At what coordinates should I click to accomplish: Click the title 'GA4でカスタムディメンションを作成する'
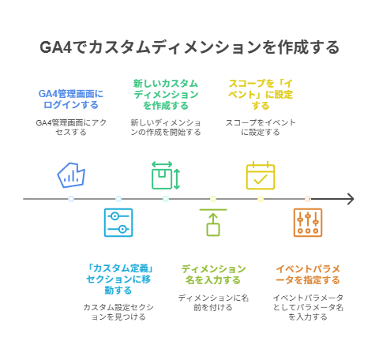[x=189, y=47]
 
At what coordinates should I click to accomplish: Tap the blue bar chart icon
[x=71, y=175]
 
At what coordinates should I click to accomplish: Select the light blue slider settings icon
[x=118, y=223]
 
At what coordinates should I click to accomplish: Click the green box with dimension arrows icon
[x=166, y=175]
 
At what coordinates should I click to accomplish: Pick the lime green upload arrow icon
[x=213, y=223]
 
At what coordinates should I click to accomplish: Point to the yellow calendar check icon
[x=261, y=175]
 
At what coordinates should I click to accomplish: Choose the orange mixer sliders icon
[x=308, y=223]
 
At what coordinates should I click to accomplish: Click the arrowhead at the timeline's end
[x=351, y=199]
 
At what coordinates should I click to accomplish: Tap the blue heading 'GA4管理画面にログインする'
[x=71, y=99]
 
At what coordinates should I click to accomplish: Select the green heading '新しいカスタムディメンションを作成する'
[x=166, y=95]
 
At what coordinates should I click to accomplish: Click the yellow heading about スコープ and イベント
[x=261, y=95]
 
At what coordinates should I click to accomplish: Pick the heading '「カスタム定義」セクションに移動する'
[x=118, y=279]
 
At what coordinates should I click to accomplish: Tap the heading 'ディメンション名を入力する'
[x=213, y=275]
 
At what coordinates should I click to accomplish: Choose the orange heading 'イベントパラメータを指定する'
[x=308, y=275]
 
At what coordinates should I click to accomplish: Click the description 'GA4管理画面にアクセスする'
[x=71, y=127]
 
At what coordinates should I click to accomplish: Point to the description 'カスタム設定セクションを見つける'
[x=118, y=312]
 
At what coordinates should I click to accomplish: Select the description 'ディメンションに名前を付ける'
[x=213, y=302]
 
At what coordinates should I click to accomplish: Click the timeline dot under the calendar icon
[x=261, y=199]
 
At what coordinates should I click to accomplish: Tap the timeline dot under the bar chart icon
[x=71, y=199]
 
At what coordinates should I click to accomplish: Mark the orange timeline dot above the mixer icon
[x=308, y=199]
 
